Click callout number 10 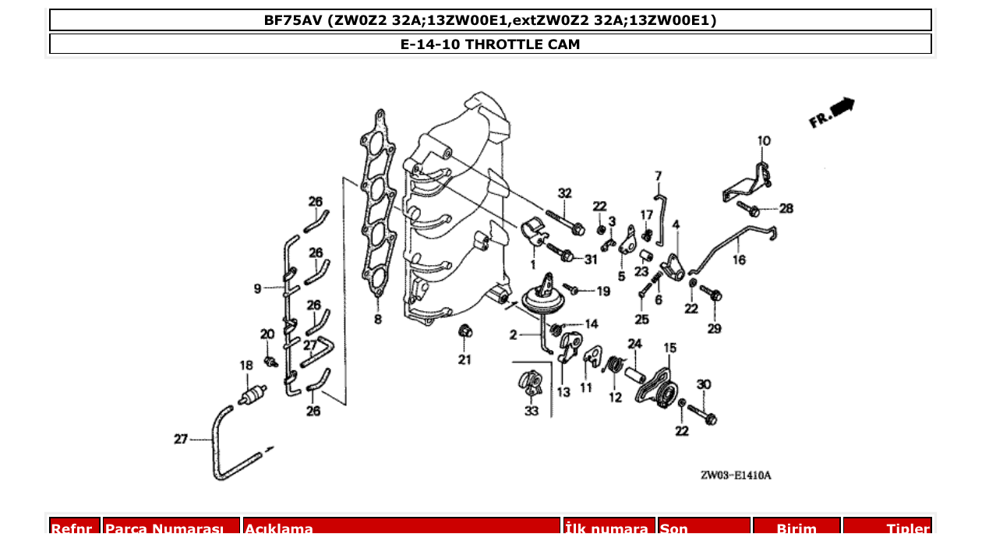(763, 141)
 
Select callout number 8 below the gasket (378, 319)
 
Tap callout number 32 (564, 193)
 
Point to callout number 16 (738, 260)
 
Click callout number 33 (531, 411)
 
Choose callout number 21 (465, 359)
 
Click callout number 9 (257, 288)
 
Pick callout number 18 (246, 365)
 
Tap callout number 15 (669, 348)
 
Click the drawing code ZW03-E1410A (735, 476)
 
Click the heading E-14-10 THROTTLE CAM (490, 44)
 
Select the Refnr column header (75, 529)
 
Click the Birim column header (796, 529)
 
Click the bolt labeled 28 (751, 209)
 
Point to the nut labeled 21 (464, 331)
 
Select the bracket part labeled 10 (746, 182)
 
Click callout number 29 (714, 329)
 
